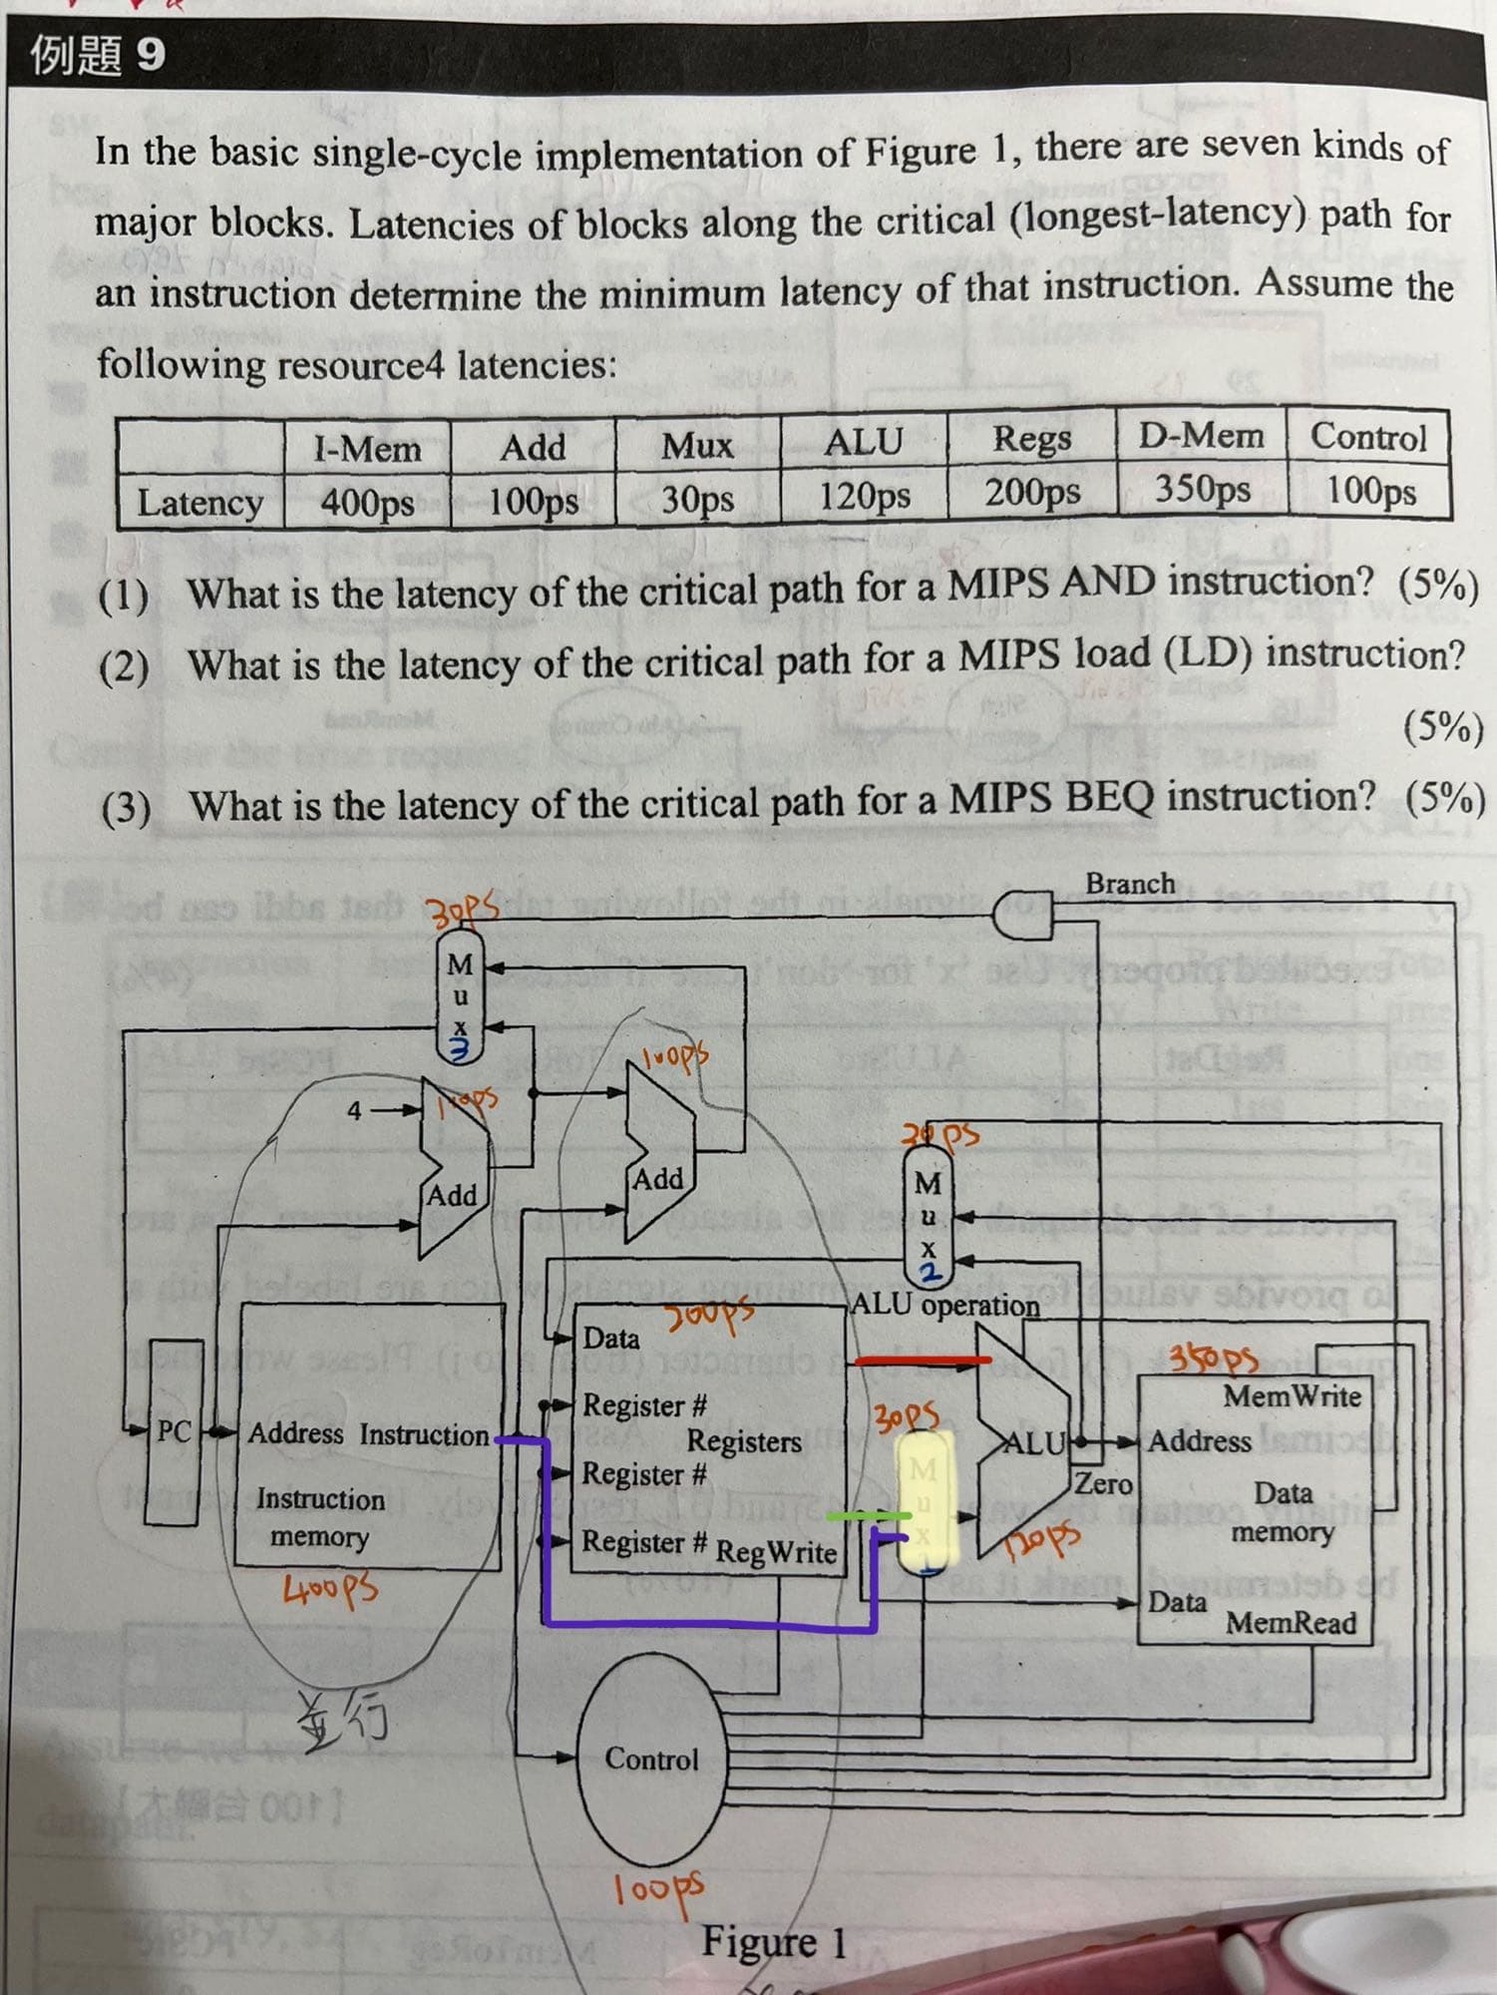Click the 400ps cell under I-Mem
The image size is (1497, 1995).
tap(367, 501)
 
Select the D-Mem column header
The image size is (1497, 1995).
tap(1201, 436)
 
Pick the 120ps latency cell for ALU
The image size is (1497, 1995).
tap(864, 495)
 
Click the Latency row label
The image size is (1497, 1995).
tap(199, 503)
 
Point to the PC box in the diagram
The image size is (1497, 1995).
tap(174, 1431)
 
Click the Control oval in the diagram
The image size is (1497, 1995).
tap(652, 1758)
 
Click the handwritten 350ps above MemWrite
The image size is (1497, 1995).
tap(1214, 1359)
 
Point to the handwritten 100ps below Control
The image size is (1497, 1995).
tap(657, 1888)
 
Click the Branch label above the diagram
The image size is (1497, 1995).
tap(1130, 884)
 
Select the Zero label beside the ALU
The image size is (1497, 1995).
tap(1103, 1483)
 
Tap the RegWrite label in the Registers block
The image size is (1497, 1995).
tap(776, 1551)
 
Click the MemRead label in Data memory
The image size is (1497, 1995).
tap(1291, 1623)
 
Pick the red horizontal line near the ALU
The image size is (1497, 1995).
tap(924, 1360)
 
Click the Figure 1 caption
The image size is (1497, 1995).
tap(774, 1941)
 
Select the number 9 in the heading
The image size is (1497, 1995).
tap(150, 54)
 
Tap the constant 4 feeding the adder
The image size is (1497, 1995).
tap(354, 1109)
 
